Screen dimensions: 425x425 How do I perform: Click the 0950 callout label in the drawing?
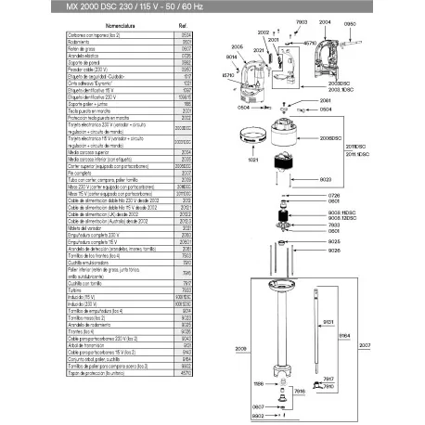click(x=401, y=21)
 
